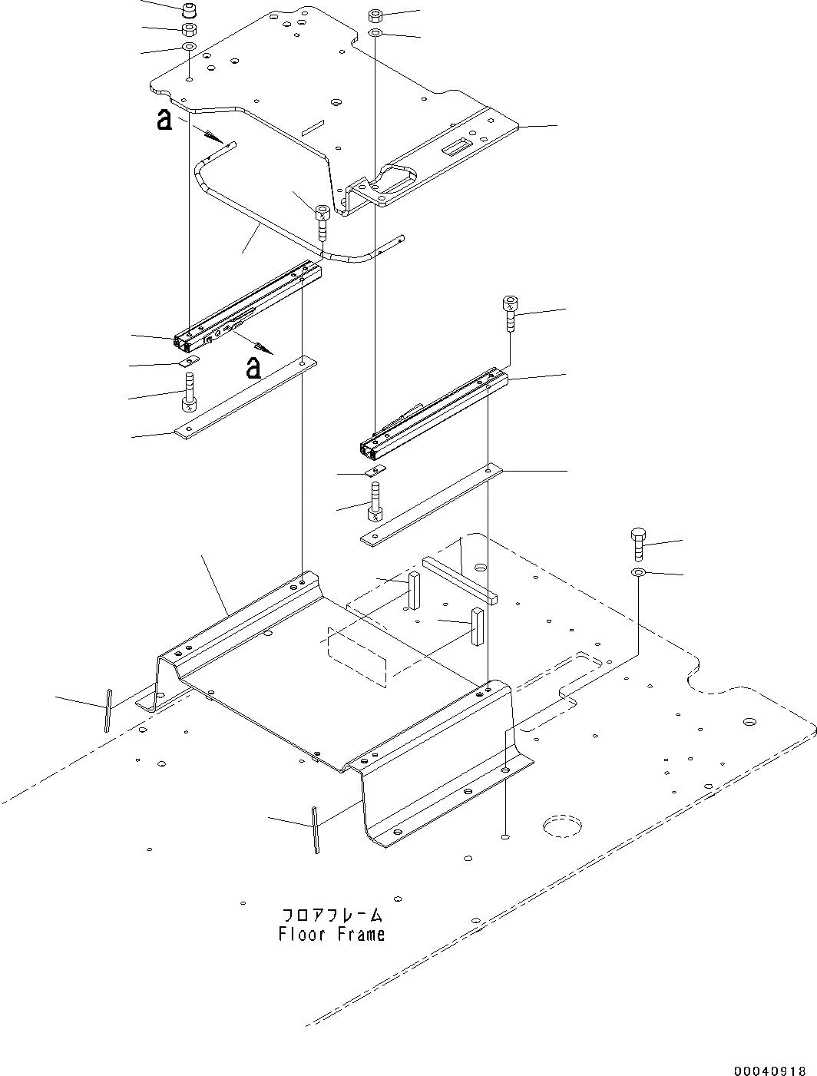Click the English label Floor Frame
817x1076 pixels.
[x=332, y=935]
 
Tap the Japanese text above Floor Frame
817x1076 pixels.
[x=332, y=915]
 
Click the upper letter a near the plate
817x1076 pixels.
[x=163, y=120]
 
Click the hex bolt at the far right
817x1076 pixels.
[x=637, y=545]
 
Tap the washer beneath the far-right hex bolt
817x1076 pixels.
[x=637, y=573]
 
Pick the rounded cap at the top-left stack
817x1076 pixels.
[x=189, y=12]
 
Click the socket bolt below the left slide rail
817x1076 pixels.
[x=189, y=392]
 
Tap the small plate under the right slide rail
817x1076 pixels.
[x=375, y=469]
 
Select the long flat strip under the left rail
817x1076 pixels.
[x=246, y=396]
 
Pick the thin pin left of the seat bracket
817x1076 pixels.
[x=109, y=710]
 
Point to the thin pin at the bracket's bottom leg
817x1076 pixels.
[x=315, y=829]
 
